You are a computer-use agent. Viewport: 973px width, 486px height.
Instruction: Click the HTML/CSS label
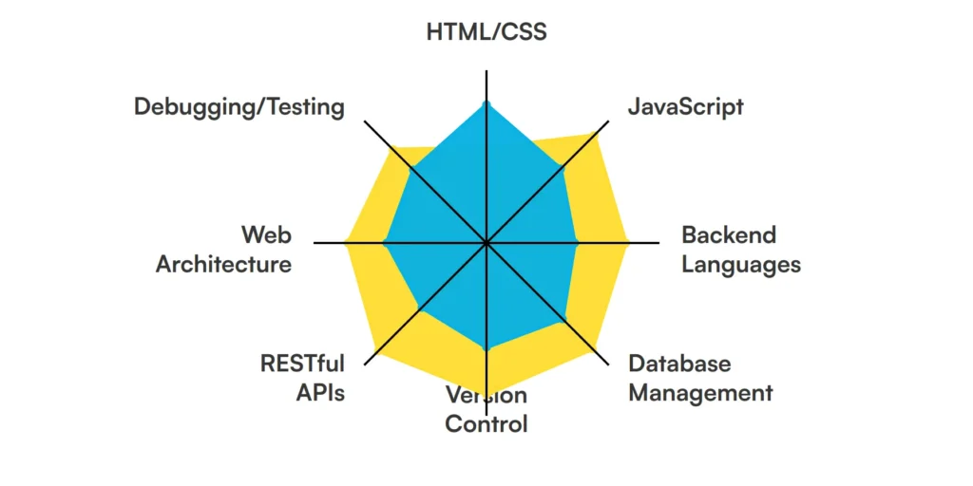pos(486,31)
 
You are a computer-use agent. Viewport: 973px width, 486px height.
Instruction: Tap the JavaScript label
pos(685,105)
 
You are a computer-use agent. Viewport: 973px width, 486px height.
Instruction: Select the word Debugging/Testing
pos(238,106)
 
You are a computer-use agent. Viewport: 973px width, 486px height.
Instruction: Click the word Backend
pos(729,234)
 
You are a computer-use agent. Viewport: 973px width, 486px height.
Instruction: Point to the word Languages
pos(741,264)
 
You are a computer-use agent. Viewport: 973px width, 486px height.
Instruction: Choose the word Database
pos(679,363)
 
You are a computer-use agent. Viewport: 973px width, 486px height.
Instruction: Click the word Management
pos(700,392)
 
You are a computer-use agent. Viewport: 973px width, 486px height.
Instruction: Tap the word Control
pos(486,423)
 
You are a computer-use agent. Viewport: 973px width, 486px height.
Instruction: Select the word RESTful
pos(302,363)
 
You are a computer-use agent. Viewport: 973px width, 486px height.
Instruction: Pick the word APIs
pos(320,392)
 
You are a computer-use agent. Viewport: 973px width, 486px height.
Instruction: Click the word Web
pos(266,234)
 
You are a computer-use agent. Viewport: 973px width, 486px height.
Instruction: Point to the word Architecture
pos(223,264)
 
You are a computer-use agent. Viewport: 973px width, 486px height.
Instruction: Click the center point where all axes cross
pos(486,243)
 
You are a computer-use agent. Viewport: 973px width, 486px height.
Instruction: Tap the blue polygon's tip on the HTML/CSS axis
pos(486,102)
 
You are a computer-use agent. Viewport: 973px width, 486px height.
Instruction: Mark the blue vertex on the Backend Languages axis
pos(578,243)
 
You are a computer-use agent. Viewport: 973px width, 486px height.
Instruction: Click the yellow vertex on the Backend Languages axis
pos(629,243)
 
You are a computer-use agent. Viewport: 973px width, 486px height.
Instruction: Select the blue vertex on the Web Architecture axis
pos(384,243)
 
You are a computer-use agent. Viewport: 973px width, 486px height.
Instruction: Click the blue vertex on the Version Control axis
pos(486,351)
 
